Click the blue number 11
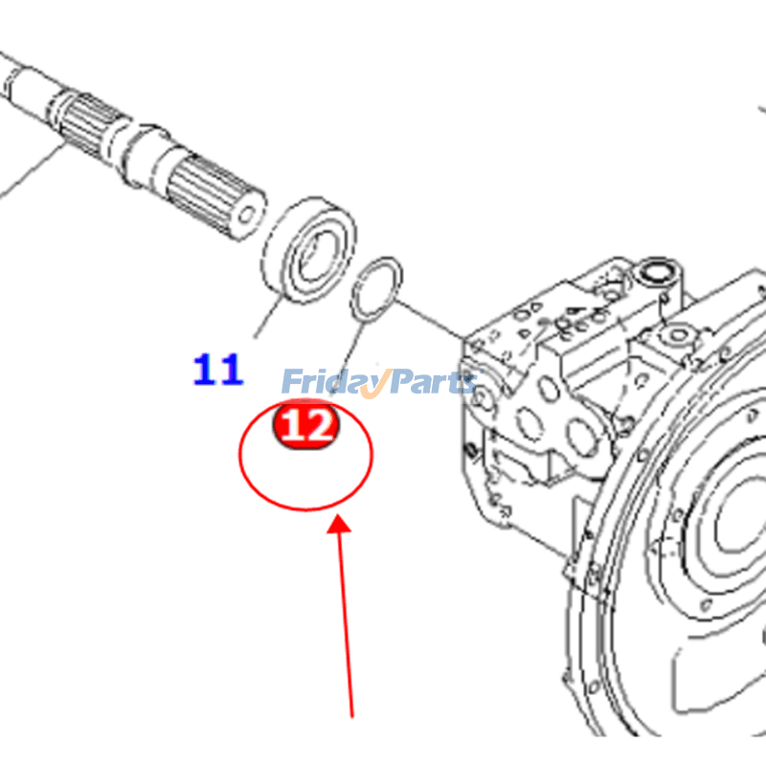[x=218, y=370]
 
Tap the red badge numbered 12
[x=306, y=425]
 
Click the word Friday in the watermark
[x=326, y=382]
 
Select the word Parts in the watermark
[x=431, y=382]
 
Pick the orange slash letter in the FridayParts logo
[x=375, y=383]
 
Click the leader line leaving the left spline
[x=29, y=172]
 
